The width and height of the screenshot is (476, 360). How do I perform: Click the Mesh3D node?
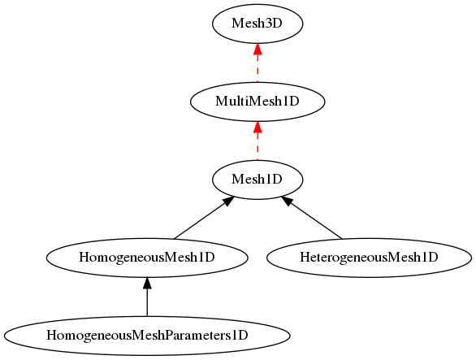click(x=257, y=24)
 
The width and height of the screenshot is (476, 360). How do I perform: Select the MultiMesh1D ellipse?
click(x=257, y=102)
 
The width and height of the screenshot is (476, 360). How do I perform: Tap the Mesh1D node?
click(x=257, y=180)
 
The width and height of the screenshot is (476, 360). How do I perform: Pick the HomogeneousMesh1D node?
click(x=147, y=258)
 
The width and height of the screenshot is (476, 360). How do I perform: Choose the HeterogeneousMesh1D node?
click(x=369, y=258)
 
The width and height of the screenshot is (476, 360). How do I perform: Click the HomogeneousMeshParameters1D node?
click(x=147, y=336)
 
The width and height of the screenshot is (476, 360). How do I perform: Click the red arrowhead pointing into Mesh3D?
click(x=257, y=49)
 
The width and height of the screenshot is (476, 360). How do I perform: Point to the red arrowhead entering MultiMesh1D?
click(x=257, y=127)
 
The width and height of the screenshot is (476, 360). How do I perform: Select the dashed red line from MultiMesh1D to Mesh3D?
click(x=257, y=63)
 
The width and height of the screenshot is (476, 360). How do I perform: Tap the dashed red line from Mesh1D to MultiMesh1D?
click(x=257, y=141)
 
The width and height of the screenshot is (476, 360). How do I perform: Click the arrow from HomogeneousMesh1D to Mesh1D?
click(x=204, y=218)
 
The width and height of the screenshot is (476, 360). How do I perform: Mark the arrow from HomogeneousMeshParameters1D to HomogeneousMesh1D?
click(x=147, y=297)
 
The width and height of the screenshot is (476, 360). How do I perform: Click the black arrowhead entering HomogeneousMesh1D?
click(x=147, y=283)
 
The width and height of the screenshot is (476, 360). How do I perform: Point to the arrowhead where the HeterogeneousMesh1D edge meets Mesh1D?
click(x=287, y=201)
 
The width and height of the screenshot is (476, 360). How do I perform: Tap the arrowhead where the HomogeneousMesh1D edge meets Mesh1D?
click(x=228, y=201)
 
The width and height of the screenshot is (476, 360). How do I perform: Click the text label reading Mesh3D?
click(x=257, y=24)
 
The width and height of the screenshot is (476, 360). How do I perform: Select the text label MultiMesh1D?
click(x=257, y=102)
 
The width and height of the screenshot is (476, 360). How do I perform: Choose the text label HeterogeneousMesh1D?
click(x=369, y=258)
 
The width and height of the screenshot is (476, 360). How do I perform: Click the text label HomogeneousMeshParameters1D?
click(x=147, y=336)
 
